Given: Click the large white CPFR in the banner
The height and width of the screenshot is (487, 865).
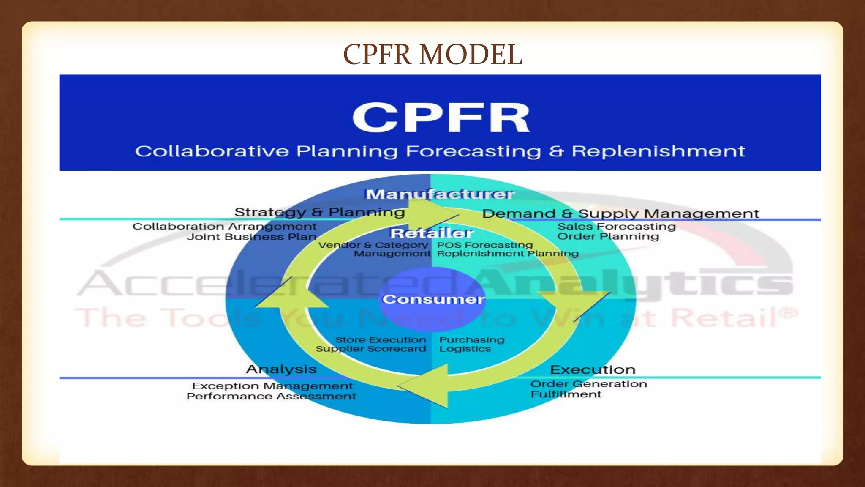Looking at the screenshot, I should pos(441,118).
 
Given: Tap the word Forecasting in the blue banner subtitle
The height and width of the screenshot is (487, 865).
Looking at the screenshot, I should pos(473,151).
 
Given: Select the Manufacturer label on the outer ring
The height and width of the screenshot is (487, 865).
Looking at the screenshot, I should pos(440,194).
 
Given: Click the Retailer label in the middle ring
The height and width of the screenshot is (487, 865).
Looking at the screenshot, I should pos(431,233).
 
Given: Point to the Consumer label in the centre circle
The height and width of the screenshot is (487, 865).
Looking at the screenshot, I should pos(433,299).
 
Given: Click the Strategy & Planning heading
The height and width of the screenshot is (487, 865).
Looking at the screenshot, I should pos(319,212).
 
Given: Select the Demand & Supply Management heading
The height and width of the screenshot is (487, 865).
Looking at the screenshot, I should pos(620,213).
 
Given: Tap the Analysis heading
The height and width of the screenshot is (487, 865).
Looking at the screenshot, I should pos(281,369).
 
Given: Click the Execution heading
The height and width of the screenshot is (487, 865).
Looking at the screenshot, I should pos(592,369).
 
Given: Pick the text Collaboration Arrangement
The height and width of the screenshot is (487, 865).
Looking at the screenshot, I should pos(224,227).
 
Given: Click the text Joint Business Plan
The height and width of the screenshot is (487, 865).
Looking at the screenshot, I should pos(251,237).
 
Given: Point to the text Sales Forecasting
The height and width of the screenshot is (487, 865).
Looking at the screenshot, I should pos(616,227).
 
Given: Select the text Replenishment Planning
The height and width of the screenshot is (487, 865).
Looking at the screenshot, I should pos(507,254).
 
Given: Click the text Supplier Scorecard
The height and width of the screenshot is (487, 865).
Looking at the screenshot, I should pos(371,349).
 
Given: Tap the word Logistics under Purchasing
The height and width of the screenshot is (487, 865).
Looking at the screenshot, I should pos(465,349).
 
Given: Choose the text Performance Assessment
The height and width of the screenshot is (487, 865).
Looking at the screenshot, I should pos(271,397).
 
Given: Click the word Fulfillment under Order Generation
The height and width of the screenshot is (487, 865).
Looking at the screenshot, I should pos(566,394).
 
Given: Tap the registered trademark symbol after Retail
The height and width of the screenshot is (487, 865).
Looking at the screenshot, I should pos(788,313).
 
